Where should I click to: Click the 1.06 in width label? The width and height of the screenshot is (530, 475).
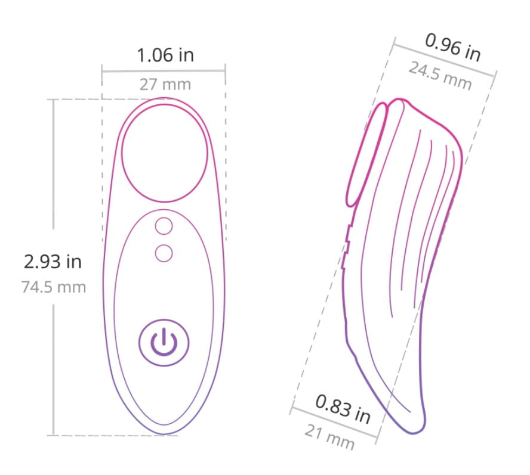(x=165, y=55)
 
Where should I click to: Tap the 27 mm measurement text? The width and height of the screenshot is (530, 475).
(x=165, y=85)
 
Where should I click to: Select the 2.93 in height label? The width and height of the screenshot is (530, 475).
(x=53, y=262)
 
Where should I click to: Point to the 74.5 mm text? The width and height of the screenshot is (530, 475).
(x=54, y=287)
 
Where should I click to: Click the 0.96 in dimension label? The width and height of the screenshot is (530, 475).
(x=452, y=47)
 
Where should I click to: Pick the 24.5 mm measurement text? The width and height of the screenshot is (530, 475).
(x=440, y=76)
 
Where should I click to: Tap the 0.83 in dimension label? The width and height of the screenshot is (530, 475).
(x=343, y=409)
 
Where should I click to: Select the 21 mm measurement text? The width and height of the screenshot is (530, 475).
(x=329, y=437)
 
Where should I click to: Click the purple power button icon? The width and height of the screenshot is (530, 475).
(x=164, y=343)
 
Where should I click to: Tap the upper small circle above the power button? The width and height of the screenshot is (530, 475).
(x=164, y=226)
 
